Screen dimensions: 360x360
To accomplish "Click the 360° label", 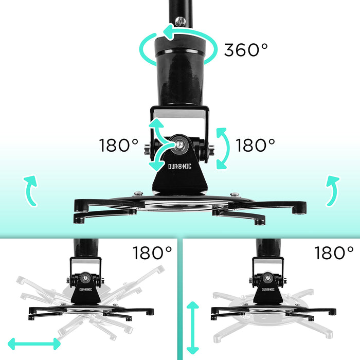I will click(x=246, y=50).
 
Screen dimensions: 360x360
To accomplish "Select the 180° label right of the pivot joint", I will click(x=256, y=146).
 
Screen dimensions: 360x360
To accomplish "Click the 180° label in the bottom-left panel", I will click(x=152, y=253).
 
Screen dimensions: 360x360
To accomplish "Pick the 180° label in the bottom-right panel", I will click(x=334, y=253).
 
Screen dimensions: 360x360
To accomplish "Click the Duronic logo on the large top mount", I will click(x=180, y=167).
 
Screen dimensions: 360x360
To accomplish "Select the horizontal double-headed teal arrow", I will click(x=34, y=343).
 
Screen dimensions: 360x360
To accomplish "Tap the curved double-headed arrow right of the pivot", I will click(x=222, y=148).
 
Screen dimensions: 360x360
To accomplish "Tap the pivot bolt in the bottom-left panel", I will click(x=89, y=277).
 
